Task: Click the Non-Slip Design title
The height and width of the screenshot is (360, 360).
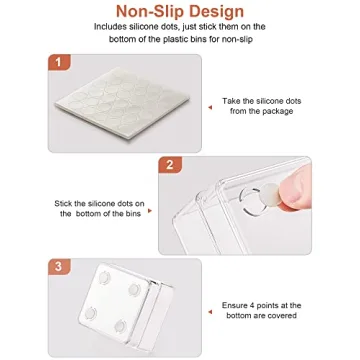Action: tap(179, 12)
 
